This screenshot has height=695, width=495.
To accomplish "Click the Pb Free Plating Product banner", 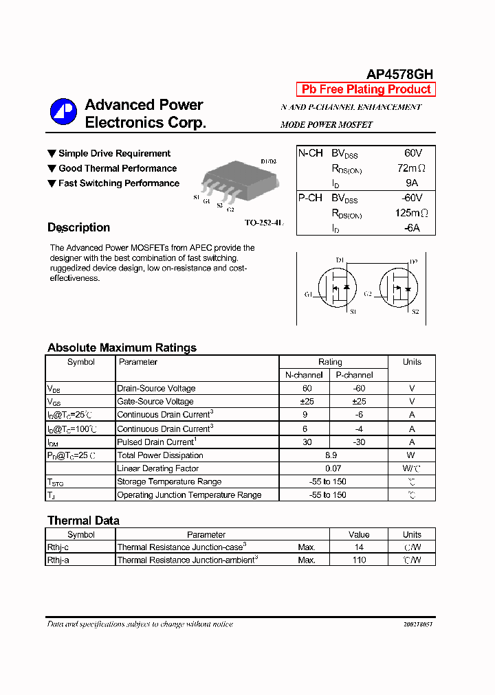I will point(366,89).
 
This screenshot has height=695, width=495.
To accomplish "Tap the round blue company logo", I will point(63,112).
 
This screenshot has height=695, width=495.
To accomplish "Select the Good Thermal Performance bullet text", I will point(118,168).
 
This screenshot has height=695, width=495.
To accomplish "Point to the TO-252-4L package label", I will point(264,223).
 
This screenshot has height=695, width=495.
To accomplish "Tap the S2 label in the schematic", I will point(415,312).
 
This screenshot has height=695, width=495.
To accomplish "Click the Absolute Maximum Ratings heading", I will point(122,347).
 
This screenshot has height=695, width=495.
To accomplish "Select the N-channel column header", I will point(304,375).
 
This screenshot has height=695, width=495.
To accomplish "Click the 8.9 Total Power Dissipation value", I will point(330,455).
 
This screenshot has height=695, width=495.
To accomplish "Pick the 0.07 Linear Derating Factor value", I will point(330,468).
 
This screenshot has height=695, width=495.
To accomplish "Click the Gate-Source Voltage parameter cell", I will point(155,402).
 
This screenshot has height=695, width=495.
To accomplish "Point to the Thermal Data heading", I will point(83,521).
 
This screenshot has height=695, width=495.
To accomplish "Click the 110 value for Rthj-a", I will point(359,560).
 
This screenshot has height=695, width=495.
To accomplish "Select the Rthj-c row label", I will point(58,547).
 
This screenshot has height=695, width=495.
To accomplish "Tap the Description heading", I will point(78,227).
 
